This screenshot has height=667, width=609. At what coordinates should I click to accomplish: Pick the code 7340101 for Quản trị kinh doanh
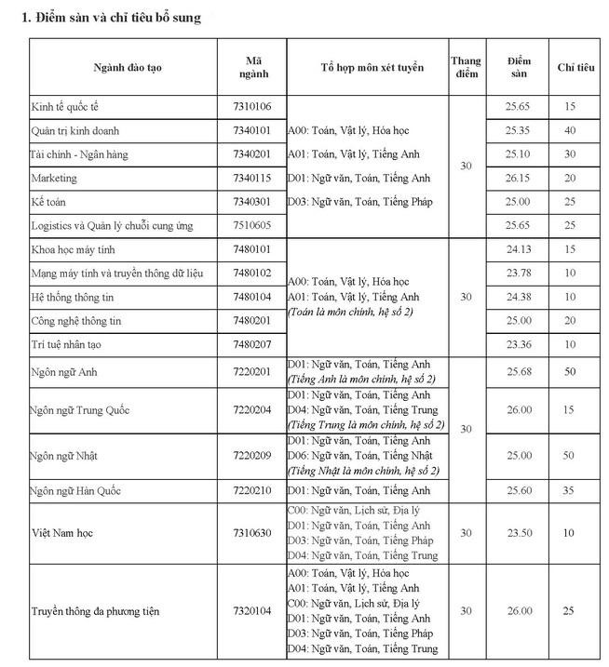[x=251, y=131]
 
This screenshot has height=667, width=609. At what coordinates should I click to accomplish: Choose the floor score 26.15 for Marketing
[x=519, y=178]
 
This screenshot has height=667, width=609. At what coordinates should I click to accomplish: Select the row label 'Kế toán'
[x=49, y=202]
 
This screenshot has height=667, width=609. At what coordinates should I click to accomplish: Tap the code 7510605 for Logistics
[x=251, y=225]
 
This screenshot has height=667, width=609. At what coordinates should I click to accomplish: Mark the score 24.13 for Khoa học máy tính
[x=519, y=249]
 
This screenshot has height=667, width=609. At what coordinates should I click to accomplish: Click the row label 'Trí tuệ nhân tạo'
[x=65, y=344]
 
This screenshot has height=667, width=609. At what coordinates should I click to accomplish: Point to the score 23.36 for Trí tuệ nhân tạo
[x=519, y=344]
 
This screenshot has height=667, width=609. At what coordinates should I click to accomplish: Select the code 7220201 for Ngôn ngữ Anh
[x=251, y=372]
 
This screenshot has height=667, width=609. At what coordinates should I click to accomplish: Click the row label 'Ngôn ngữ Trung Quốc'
[x=79, y=410]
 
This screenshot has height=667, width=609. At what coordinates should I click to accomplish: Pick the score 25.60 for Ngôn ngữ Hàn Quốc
[x=519, y=490]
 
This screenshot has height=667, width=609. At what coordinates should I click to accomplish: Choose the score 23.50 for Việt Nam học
[x=519, y=533]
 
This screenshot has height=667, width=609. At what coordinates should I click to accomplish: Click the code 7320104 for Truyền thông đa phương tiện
[x=251, y=611]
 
